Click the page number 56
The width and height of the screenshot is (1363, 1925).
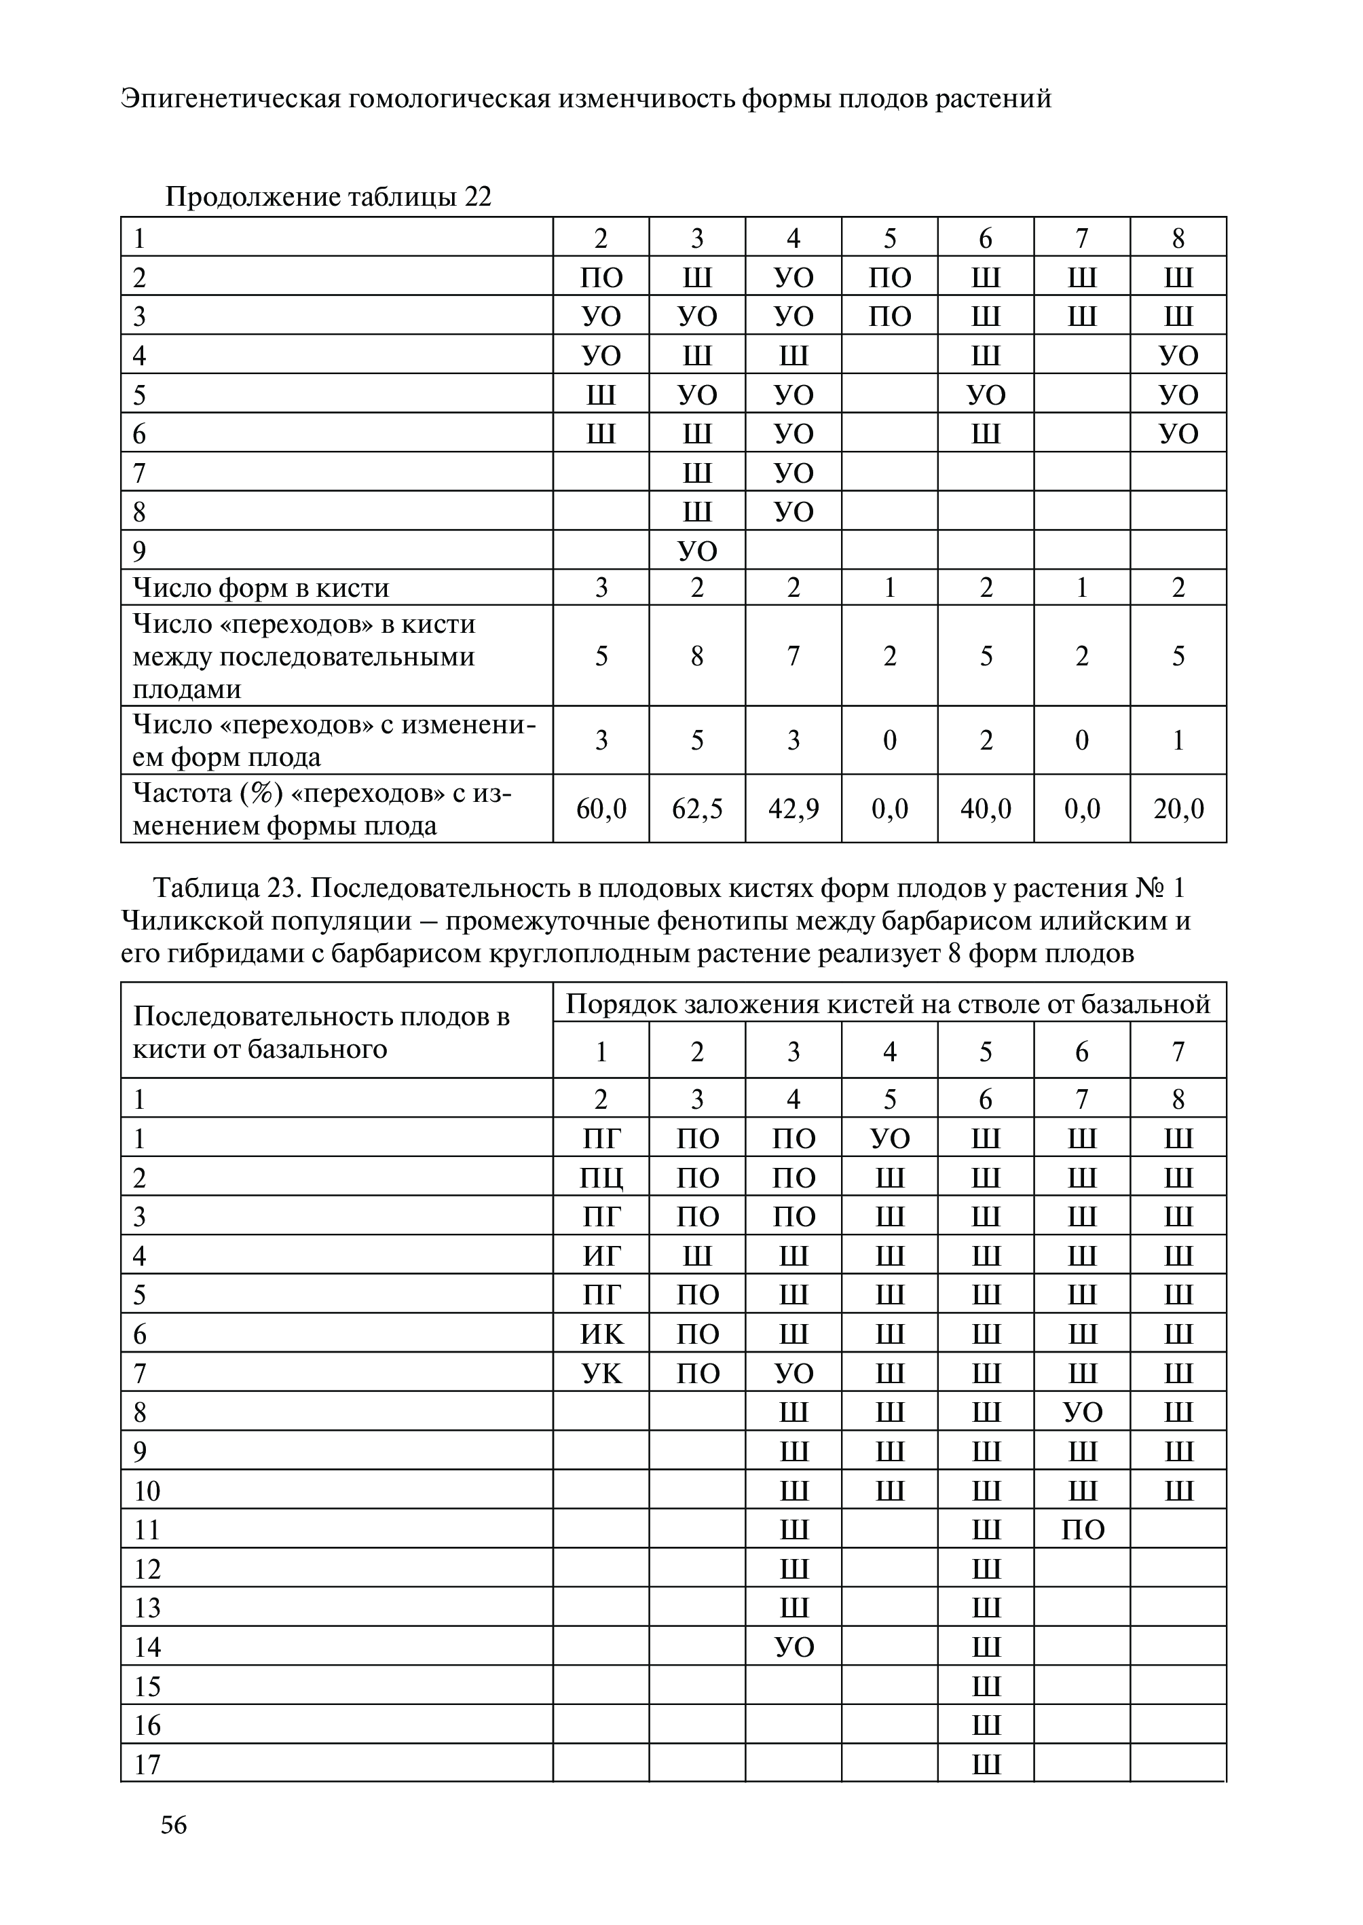[174, 1825]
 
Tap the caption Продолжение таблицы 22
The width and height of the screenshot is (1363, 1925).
[328, 198]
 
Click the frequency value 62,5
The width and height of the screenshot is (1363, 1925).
[696, 809]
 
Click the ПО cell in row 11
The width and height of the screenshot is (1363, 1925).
[1082, 1530]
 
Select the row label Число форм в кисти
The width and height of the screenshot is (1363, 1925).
[261, 587]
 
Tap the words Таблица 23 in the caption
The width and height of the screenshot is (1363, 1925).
[226, 888]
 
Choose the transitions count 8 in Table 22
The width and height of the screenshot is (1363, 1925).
[696, 656]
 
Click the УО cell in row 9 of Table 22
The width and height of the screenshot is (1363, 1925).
[696, 551]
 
